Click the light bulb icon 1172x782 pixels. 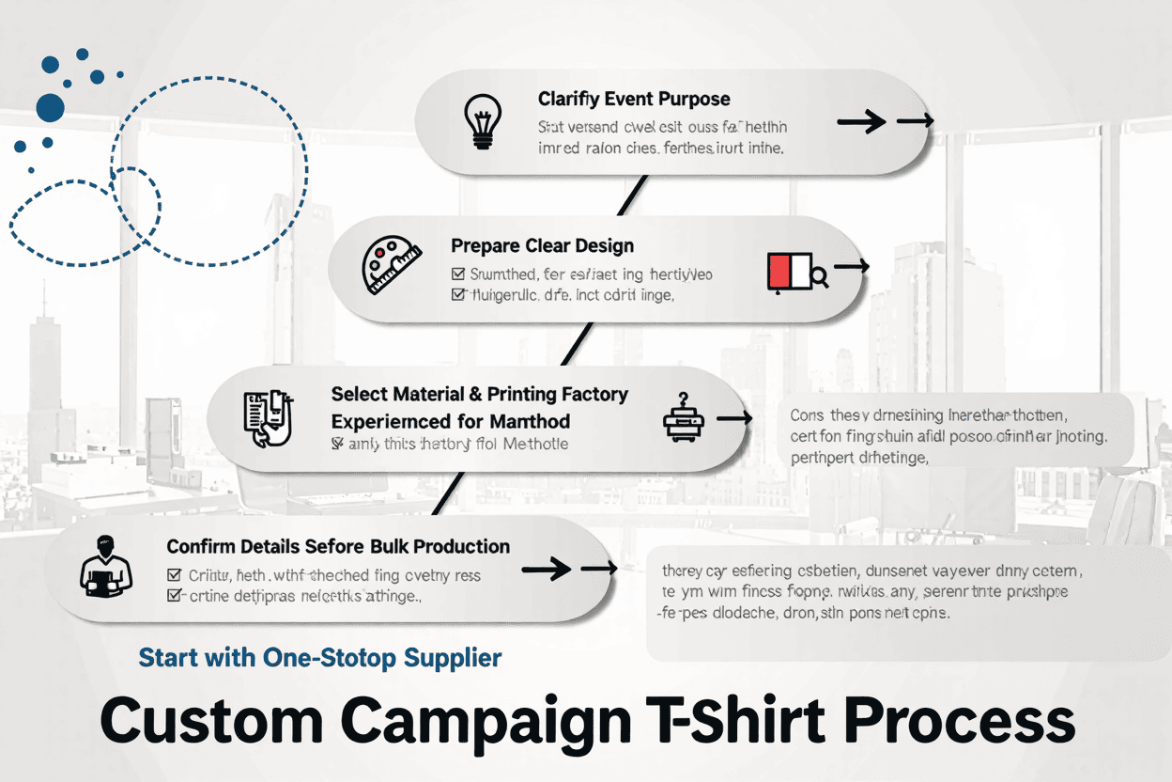[x=481, y=123]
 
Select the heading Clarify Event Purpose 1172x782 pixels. [x=634, y=99]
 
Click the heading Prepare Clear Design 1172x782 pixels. [x=542, y=246]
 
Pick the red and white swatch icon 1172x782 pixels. [x=789, y=271]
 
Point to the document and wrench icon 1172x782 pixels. [x=269, y=416]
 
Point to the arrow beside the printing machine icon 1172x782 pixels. [x=733, y=417]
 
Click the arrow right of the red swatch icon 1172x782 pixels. [x=851, y=268]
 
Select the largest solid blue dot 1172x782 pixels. [x=50, y=107]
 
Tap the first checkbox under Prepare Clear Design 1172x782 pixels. [x=458, y=274]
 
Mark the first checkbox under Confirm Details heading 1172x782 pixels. [x=173, y=574]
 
